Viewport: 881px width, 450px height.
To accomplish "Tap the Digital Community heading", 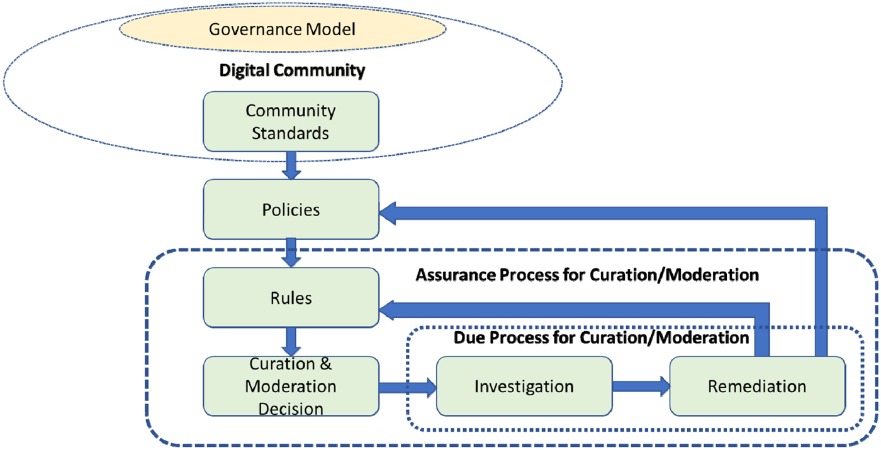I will coord(292,70).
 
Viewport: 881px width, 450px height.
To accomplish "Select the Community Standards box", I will coord(291,122).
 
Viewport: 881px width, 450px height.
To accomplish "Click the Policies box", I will coord(291,209).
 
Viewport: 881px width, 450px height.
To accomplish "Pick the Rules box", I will coord(291,297).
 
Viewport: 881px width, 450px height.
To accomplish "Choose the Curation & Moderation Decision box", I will coord(291,386).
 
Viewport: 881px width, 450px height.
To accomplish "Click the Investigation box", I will coord(524,386).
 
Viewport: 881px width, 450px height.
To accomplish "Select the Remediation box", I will coord(757,386).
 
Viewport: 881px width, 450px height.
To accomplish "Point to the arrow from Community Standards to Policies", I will coord(291,165).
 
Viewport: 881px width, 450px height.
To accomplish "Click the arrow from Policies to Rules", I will coord(291,253).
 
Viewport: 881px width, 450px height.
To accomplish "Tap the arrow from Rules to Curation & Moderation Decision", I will coord(291,341).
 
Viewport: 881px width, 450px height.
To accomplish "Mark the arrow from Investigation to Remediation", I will coord(641,386).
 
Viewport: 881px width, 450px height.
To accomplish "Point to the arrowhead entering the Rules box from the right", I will coord(390,309).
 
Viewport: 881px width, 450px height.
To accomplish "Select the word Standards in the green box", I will coord(291,133).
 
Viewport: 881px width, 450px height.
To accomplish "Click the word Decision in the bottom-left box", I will coord(291,409).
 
